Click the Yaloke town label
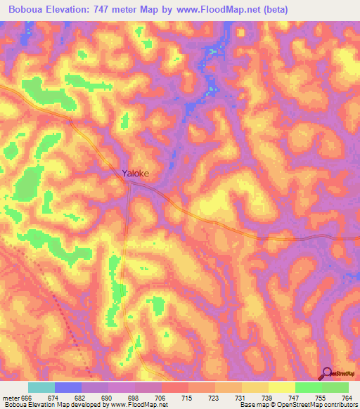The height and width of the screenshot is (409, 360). click(136, 173)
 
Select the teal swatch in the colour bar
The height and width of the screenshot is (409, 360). click(41, 387)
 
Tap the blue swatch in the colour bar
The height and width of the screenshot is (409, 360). click(68, 387)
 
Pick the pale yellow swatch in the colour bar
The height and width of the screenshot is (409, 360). click(282, 387)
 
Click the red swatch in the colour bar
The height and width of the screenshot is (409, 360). click(175, 387)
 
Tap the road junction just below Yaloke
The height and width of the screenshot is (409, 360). click(128, 183)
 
